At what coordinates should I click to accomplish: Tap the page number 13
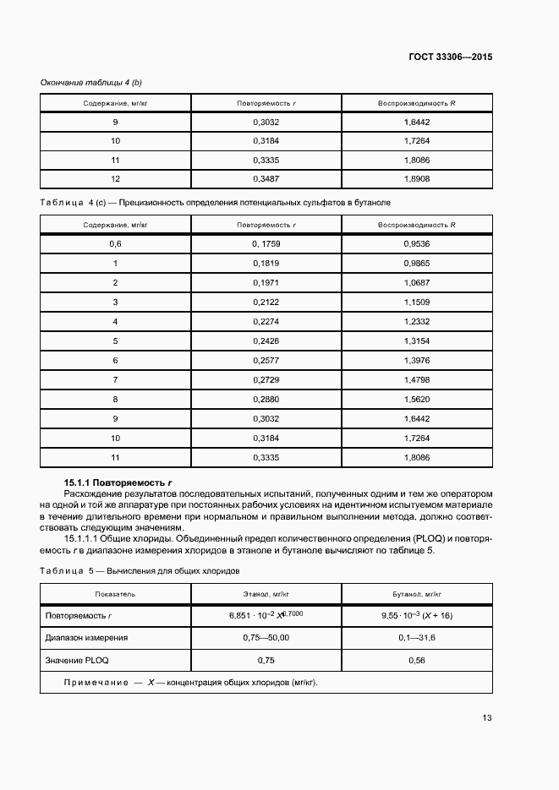(487, 718)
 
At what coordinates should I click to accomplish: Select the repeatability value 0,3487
(266, 178)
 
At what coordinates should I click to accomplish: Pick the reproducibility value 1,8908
(417, 178)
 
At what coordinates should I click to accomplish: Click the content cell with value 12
(115, 178)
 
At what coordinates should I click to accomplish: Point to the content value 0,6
(115, 243)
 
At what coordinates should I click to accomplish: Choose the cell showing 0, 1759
(266, 243)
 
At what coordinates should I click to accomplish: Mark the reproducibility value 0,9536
(417, 243)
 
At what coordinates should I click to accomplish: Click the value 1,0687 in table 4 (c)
(417, 282)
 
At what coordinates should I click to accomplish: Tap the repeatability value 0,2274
(266, 321)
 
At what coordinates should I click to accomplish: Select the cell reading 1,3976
(417, 360)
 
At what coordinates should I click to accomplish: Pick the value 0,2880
(266, 399)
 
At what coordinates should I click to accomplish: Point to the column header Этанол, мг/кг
(266, 594)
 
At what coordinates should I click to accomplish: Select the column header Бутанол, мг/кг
(417, 594)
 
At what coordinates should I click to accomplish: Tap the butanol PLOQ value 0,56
(417, 660)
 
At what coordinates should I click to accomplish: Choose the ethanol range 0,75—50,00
(266, 638)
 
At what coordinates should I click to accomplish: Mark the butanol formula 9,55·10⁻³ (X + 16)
(417, 616)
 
